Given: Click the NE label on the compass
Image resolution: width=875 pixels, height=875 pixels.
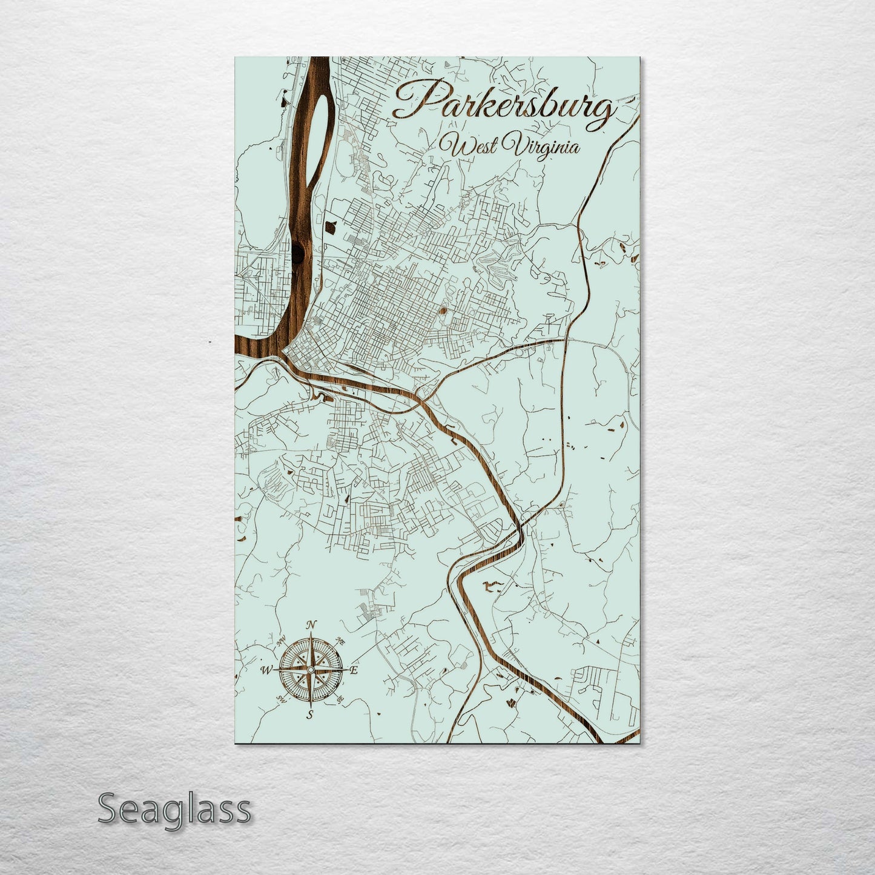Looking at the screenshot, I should (x=340, y=641).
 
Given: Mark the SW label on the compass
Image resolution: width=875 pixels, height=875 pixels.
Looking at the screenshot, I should (x=281, y=699).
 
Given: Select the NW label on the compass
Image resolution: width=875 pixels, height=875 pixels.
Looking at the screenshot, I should (x=282, y=641).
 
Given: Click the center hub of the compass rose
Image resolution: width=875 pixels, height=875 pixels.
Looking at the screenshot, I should (x=310, y=670).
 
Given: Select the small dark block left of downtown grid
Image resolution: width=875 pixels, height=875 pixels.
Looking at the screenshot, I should (x=330, y=227).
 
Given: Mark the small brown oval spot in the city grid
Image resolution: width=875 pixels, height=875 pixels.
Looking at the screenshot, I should (x=442, y=312).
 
